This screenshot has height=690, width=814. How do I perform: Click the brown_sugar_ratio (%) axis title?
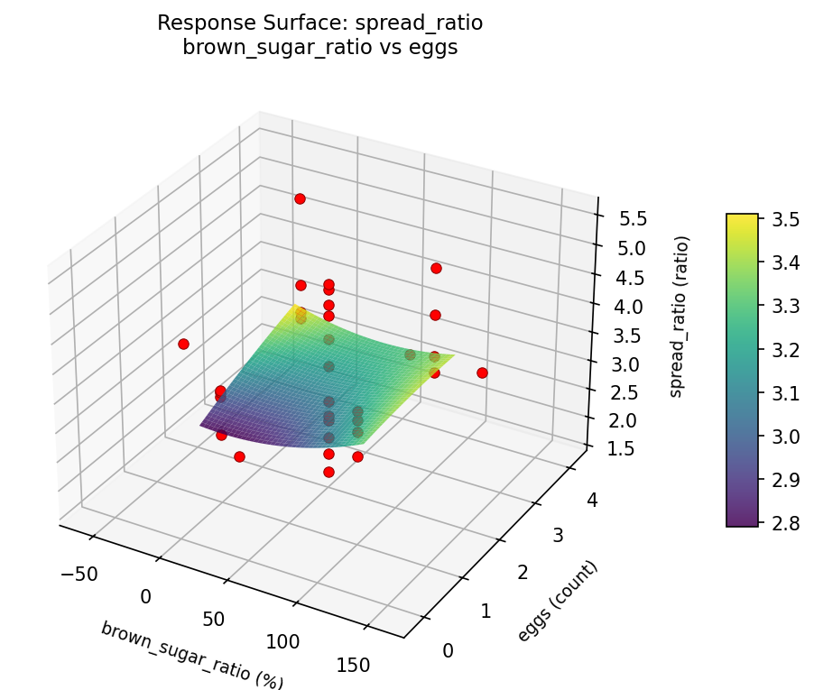coord(192,655)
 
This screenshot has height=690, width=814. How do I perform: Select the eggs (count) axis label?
coord(558,602)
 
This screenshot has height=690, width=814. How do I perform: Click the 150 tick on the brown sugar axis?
coord(352,665)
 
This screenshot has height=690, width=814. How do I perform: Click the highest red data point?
coord(300,198)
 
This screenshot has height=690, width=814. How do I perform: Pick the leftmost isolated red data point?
coord(183,344)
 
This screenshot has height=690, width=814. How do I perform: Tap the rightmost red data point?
coord(482,373)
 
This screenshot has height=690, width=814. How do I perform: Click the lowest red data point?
coord(328,472)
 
